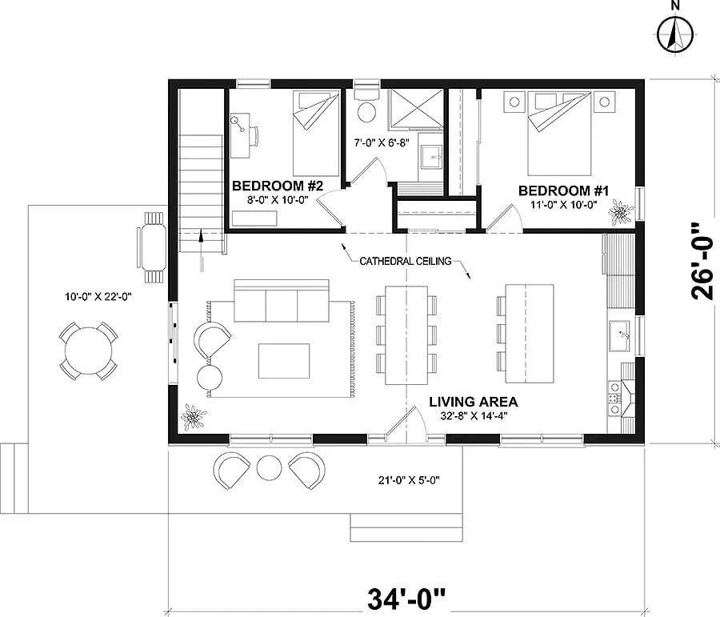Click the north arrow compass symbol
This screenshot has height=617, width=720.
[675, 33]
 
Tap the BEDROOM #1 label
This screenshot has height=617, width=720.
[564, 190]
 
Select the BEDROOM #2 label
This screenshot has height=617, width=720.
[277, 186]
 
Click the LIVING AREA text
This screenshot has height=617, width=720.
[473, 402]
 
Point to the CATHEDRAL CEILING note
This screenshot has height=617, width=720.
[405, 261]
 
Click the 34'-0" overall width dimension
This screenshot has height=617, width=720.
[406, 597]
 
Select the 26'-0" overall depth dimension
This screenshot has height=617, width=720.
[702, 260]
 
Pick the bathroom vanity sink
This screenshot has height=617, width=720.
[432, 158]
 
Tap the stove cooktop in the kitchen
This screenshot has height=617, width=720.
[616, 395]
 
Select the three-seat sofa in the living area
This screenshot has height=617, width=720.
[281, 302]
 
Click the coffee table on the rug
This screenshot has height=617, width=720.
[283, 361]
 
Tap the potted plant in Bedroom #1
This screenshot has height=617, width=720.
[620, 213]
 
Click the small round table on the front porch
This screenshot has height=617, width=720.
[269, 467]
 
